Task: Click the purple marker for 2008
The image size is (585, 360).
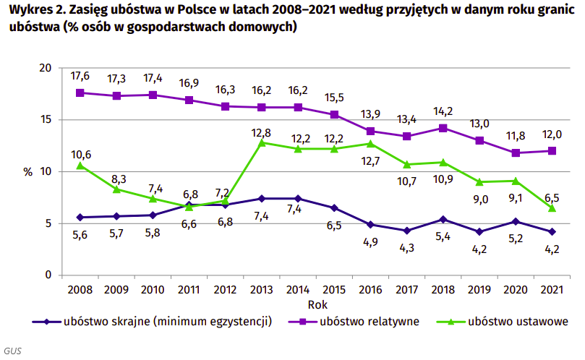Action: coord(80,93)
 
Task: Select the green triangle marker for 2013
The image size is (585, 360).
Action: coord(262,142)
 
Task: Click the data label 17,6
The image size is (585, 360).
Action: coord(80,76)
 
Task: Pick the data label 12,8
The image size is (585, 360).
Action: coord(262,132)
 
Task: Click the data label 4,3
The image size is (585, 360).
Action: coord(408,248)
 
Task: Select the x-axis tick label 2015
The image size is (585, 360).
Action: coord(335,291)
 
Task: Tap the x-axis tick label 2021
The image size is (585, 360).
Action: coord(553,291)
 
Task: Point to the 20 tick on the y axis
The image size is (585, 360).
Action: coord(46,68)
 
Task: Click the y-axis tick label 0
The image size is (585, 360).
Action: coord(49,275)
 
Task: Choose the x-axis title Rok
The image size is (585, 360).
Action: coord(317,304)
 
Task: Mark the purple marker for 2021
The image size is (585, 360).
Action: coord(553,151)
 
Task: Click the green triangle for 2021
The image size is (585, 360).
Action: coord(553,207)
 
